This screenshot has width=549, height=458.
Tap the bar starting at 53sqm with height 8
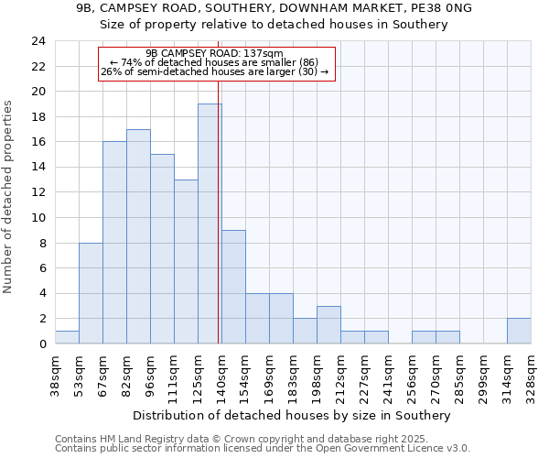pos(91,293)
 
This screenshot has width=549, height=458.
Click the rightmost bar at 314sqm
pos(519,331)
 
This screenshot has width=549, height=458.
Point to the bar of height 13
pos(186,261)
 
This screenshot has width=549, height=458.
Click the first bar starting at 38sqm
pos(67,337)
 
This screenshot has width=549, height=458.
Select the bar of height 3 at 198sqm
pos(328,324)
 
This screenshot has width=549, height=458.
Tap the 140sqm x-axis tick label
pos(222,375)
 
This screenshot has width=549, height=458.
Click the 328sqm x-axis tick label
pos(532,375)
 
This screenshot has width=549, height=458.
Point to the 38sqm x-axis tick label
pos(56,375)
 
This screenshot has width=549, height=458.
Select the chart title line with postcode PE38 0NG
pos(274,8)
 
